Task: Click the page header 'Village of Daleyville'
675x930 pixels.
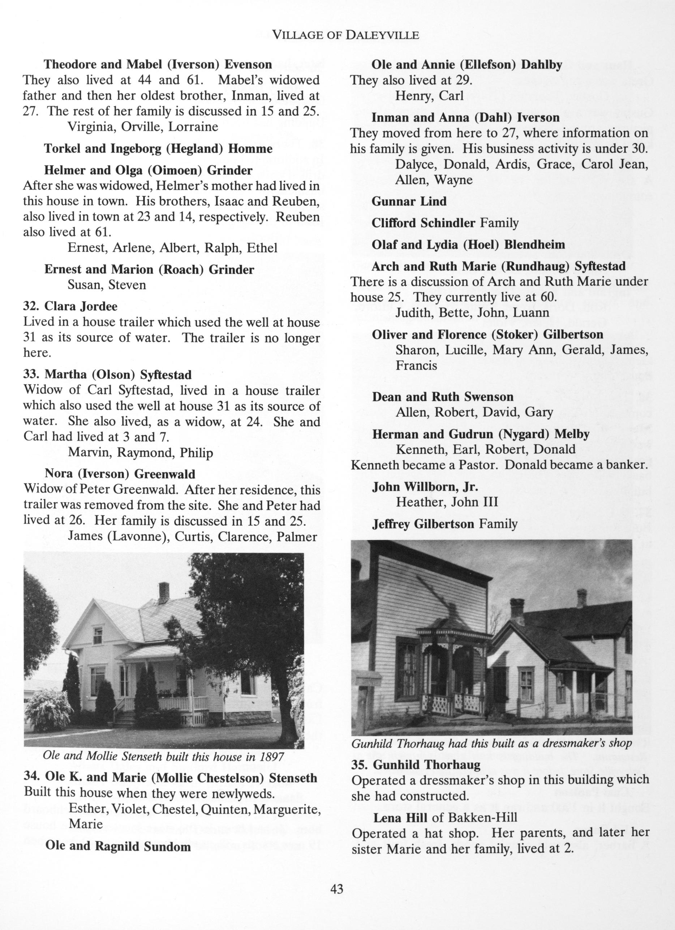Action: [x=345, y=35]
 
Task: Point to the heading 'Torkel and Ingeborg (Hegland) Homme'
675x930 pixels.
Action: [x=158, y=148]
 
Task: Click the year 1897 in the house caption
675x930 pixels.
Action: [x=269, y=756]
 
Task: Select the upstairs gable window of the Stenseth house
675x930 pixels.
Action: [x=98, y=635]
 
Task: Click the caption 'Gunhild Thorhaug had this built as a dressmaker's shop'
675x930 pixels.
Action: [x=491, y=743]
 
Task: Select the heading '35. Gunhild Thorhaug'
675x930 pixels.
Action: [x=416, y=765]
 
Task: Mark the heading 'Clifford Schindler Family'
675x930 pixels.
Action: [x=445, y=223]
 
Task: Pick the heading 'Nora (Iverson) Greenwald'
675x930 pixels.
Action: [x=120, y=474]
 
